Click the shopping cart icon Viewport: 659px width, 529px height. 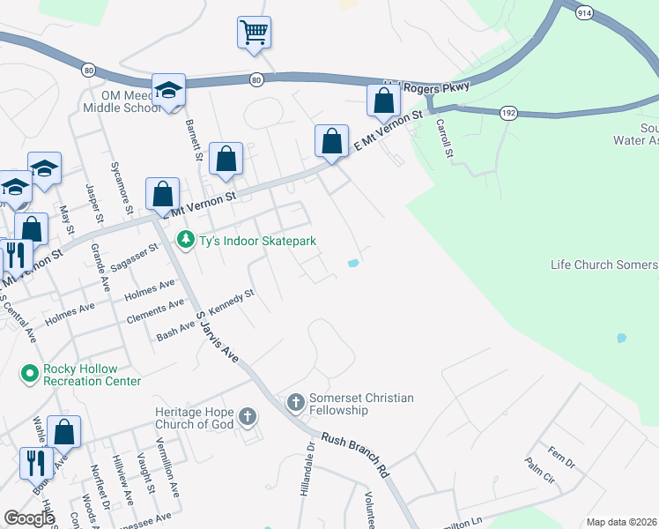(x=254, y=33)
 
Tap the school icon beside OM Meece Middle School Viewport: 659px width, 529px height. (x=168, y=90)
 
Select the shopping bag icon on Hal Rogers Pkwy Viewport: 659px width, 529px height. (x=383, y=101)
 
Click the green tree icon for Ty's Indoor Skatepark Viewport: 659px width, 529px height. (x=185, y=240)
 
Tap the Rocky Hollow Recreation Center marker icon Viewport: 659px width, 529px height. (x=30, y=374)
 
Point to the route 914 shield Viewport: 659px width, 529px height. (x=584, y=14)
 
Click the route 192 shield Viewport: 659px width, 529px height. (x=509, y=112)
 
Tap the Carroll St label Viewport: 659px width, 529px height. (x=445, y=138)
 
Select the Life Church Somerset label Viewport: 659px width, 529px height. (x=604, y=264)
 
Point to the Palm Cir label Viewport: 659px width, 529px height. (x=539, y=472)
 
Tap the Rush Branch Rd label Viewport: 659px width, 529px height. (x=356, y=454)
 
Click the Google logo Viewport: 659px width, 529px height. (x=29, y=518)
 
